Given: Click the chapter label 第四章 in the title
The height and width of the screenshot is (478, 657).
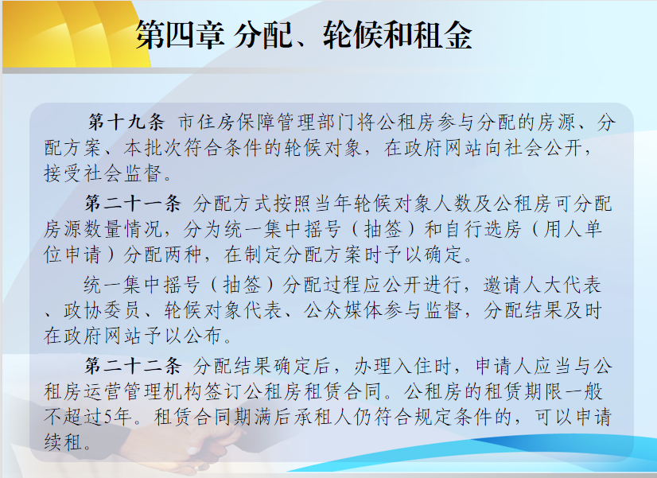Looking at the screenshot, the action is pos(180,35).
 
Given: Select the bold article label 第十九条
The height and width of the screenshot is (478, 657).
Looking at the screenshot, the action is pos(126,122).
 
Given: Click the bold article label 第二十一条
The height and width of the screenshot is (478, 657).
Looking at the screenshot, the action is pos(132,204).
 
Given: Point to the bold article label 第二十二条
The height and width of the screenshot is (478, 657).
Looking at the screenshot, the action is pos(132,366).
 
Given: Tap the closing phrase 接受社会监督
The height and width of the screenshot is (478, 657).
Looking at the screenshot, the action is pos(103,173).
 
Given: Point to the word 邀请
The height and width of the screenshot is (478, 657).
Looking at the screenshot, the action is pos(503,285).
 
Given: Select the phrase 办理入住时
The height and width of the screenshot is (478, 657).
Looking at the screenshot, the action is pos(402,366).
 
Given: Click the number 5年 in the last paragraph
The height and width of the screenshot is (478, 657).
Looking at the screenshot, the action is pos(119,417).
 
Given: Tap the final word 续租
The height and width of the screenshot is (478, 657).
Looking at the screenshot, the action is pos(63,442).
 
